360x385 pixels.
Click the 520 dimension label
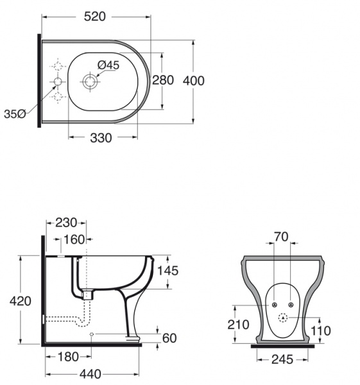point(95,17)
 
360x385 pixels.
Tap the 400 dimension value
point(194,81)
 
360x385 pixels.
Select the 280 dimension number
point(163,80)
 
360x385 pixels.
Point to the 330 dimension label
point(101,138)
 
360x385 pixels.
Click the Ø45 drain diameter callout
point(108,65)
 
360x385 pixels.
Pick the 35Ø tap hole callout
point(15,114)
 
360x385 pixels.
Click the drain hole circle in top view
point(90,81)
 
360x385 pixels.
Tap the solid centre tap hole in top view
point(58,81)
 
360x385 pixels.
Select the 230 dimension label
point(66,223)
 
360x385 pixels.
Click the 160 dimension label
point(74,239)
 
